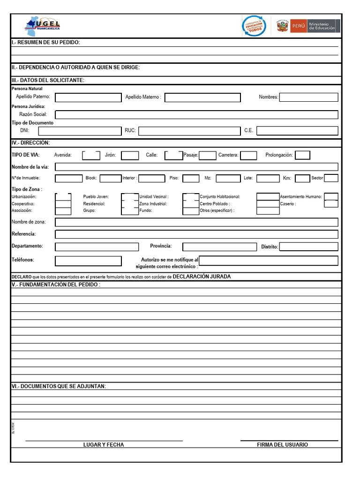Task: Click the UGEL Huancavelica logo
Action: pyautogui.click(x=44, y=26)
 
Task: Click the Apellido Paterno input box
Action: pyautogui.click(x=88, y=97)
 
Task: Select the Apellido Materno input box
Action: pyautogui.click(x=202, y=97)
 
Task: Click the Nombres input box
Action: pyautogui.click(x=308, y=97)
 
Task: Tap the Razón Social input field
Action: pyautogui.click(x=196, y=115)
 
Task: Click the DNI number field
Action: pyautogui.click(x=79, y=131)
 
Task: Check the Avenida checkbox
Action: pyautogui.click(x=91, y=155)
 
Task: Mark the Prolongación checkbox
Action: pyautogui.click(x=302, y=155)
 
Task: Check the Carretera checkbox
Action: pyautogui.click(x=248, y=155)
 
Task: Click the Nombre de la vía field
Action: pyautogui.click(x=196, y=167)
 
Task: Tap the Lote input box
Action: pyautogui.click(x=268, y=178)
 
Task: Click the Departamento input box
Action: pyautogui.click(x=97, y=247)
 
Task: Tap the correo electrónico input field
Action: pyautogui.click(x=268, y=261)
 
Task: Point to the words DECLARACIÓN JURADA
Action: pyautogui.click(x=202, y=277)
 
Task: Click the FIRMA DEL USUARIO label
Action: pyautogui.click(x=282, y=444)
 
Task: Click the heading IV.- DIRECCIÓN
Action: pyautogui.click(x=30, y=142)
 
